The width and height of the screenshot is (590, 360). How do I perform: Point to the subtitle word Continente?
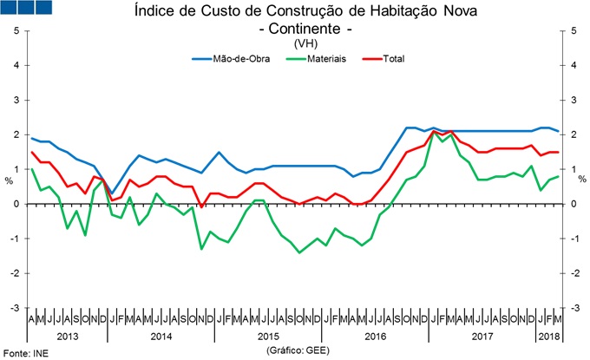click(x=300, y=29)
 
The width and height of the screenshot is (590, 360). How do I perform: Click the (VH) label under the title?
click(x=299, y=43)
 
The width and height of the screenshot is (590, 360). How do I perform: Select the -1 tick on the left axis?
click(x=16, y=239)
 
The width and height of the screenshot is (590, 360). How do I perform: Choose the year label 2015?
click(x=270, y=335)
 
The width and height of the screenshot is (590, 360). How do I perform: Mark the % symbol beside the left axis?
click(x=9, y=181)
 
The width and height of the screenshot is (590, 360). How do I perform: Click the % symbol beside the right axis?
click(x=581, y=181)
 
